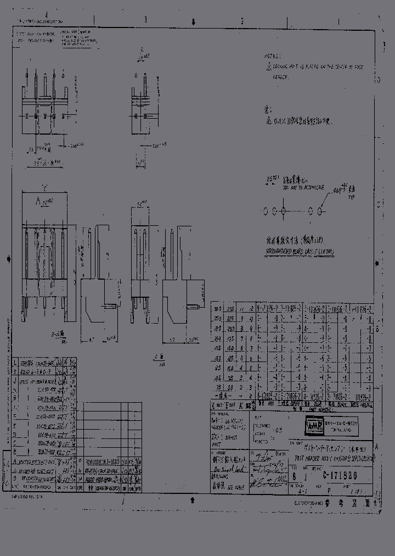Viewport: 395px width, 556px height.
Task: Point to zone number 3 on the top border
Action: click(145, 20)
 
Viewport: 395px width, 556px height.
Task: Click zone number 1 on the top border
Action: click(338, 21)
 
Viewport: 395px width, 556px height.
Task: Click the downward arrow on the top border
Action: click(193, 21)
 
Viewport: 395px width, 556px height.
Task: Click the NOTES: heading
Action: click(273, 57)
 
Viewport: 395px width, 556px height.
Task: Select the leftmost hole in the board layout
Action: click(265, 210)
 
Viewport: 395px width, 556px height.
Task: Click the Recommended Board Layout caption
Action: click(296, 251)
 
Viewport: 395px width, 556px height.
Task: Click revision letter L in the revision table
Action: click(14, 363)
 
